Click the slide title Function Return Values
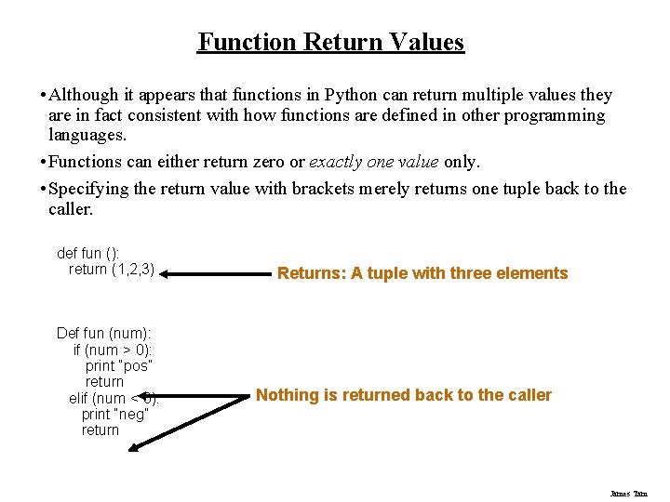(330, 42)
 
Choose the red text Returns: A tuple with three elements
(422, 273)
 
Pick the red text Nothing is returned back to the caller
(404, 395)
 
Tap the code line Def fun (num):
(104, 333)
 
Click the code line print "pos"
(118, 365)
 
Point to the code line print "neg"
(114, 415)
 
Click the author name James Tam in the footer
(629, 494)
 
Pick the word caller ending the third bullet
(70, 209)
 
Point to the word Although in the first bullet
(84, 95)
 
